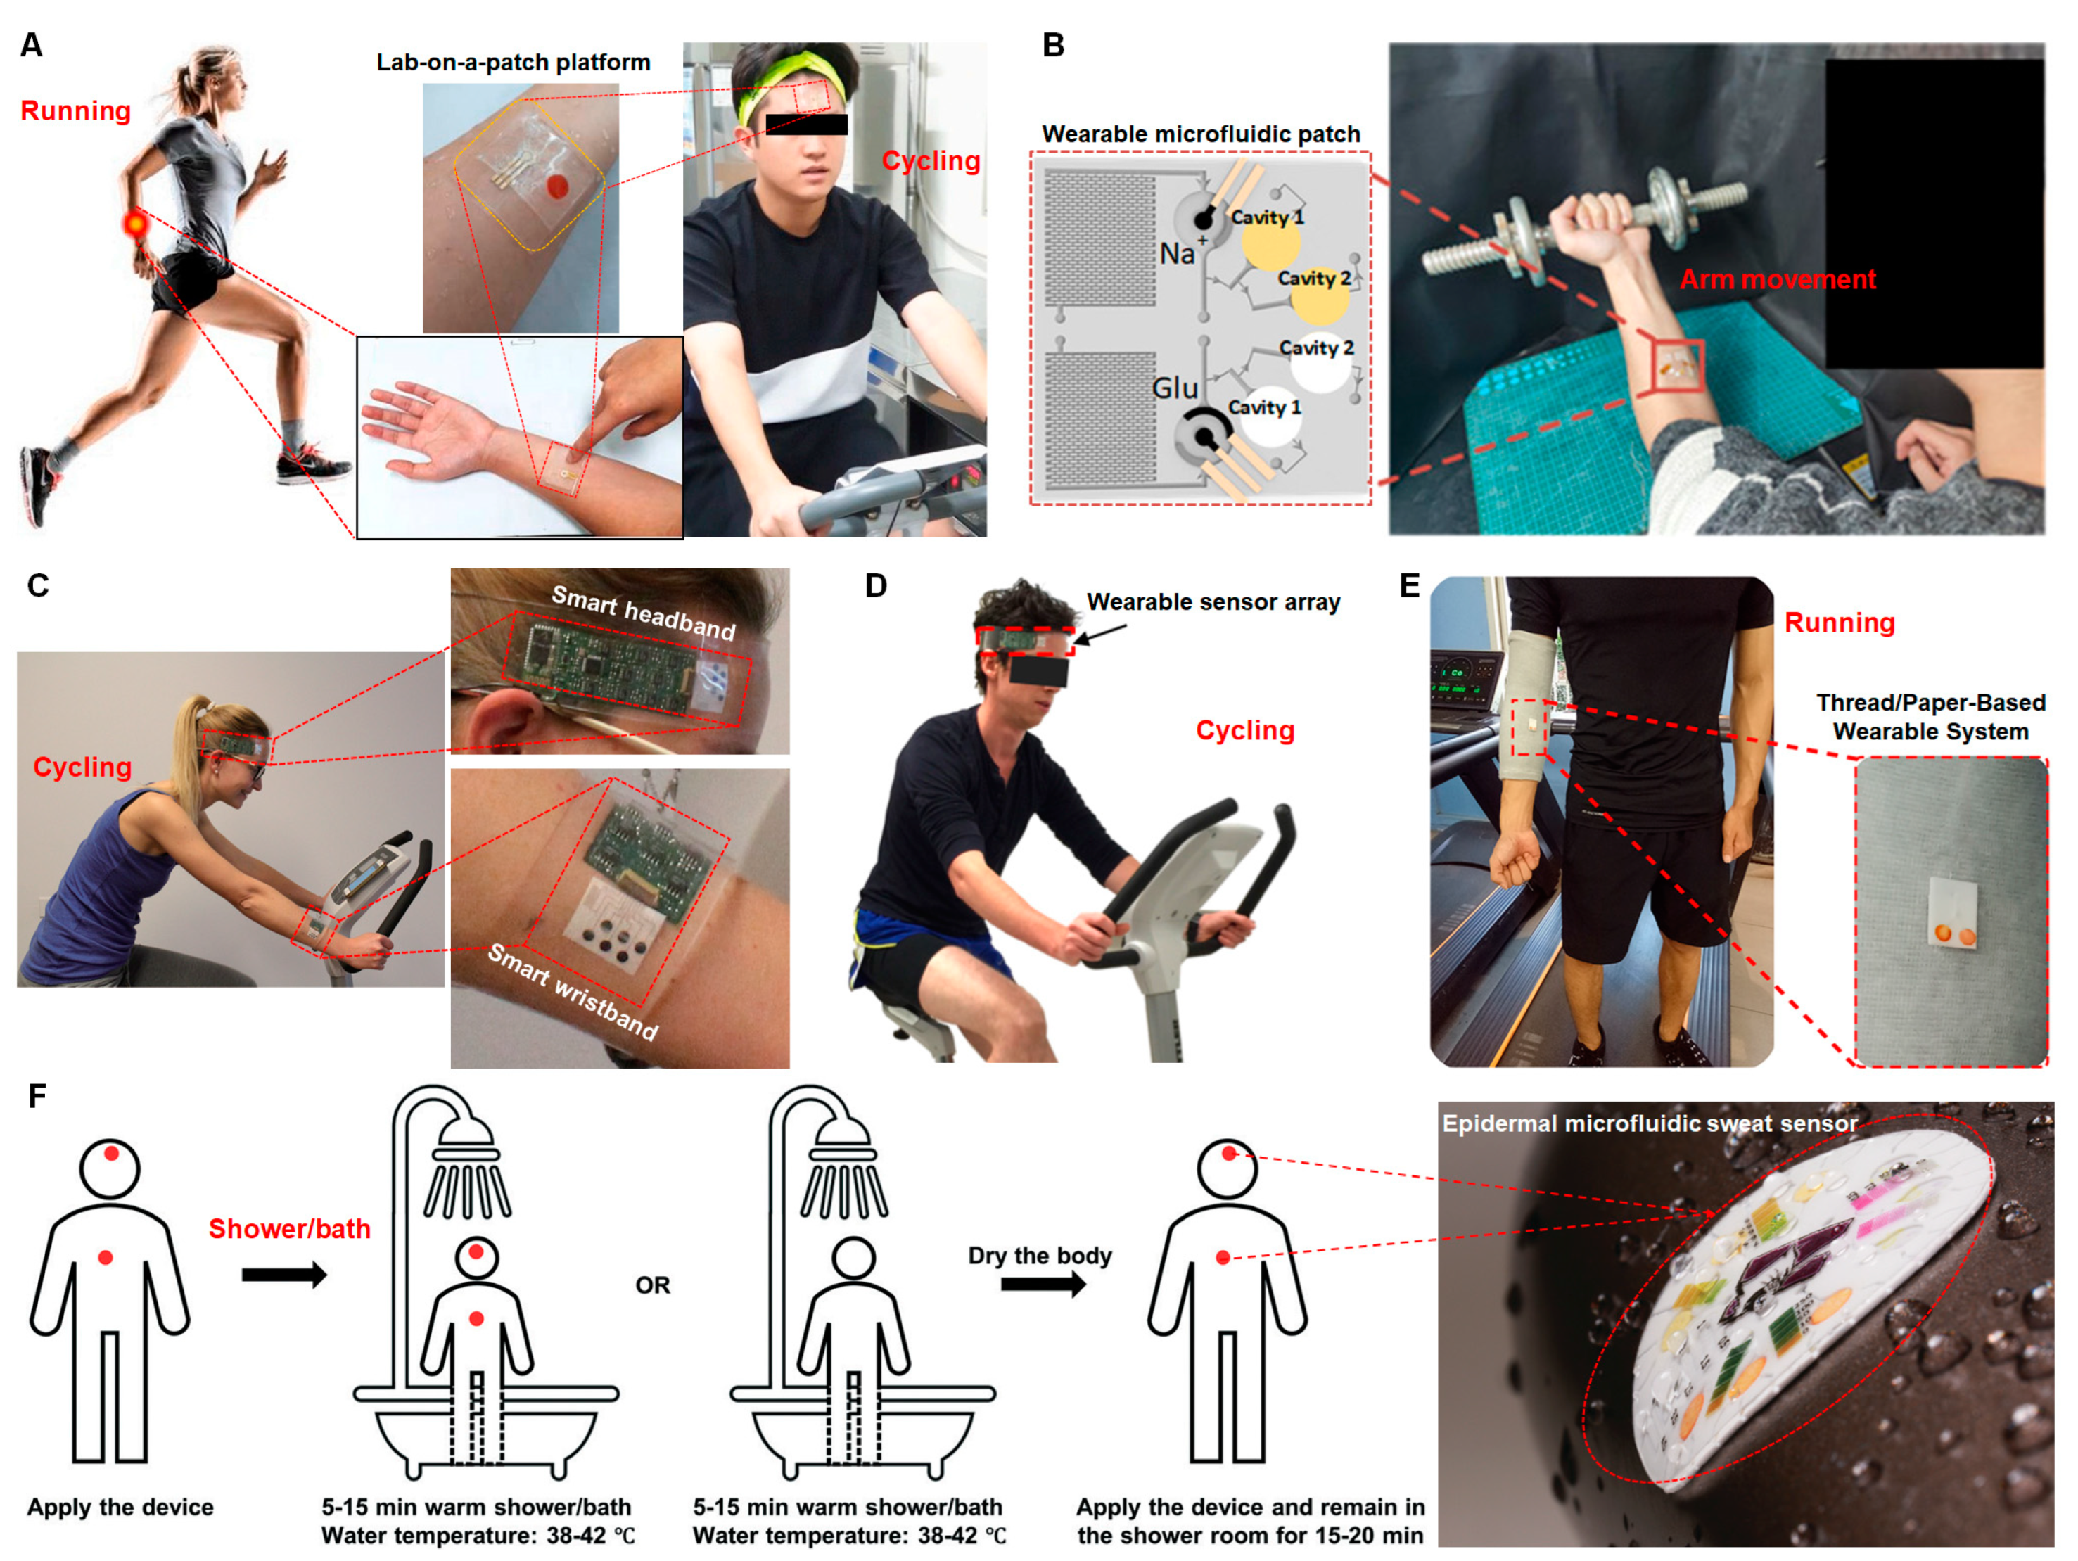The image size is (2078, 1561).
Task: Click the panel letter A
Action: (x=31, y=45)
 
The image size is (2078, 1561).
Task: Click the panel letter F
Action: (x=37, y=1096)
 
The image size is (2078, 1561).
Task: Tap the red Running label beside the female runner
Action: (x=75, y=111)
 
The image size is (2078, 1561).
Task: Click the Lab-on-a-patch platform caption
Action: (x=513, y=63)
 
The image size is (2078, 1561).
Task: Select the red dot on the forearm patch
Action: (x=558, y=186)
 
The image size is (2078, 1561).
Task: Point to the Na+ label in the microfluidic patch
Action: (x=1182, y=252)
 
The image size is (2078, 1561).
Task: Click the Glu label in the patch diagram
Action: (x=1174, y=388)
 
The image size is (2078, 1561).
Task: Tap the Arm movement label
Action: (x=1778, y=279)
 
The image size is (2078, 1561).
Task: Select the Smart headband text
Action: (x=642, y=613)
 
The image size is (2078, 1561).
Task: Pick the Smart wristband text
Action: (x=573, y=992)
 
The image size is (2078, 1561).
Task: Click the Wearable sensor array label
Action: (x=1213, y=602)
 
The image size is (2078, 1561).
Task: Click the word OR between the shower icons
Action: (x=652, y=1285)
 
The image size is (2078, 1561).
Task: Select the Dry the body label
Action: (x=1040, y=1256)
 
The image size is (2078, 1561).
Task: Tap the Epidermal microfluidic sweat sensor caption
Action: (x=1649, y=1123)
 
